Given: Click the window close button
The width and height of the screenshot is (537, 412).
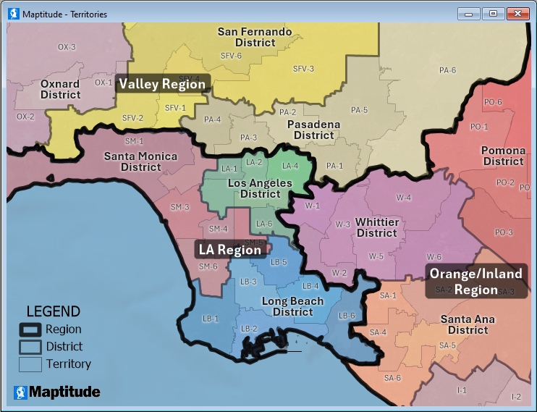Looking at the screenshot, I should tap(517, 13).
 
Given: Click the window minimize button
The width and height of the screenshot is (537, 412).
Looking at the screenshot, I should tap(470, 13).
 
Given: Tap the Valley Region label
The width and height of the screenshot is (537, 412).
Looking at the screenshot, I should tap(162, 84).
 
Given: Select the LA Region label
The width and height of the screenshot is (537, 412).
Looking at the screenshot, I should tap(229, 250).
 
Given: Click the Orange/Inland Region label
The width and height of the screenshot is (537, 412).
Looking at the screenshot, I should tap(475, 282).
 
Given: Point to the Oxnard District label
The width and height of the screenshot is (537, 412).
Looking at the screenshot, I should tap(60, 90).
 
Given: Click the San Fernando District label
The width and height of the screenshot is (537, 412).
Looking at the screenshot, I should tap(255, 37).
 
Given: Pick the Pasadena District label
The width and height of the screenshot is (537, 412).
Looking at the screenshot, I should tap(313, 130).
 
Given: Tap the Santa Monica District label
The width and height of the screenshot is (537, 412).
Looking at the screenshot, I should tap(140, 161).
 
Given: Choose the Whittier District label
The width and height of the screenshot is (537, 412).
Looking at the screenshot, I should tap(376, 228).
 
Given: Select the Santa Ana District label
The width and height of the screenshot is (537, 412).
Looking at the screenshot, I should tap(468, 324).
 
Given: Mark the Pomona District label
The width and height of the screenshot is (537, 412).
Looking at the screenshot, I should tap(503, 156).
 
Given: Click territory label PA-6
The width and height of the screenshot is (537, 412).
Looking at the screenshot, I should tap(447, 70).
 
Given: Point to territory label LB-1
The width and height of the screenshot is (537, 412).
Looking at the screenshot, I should tap(211, 319).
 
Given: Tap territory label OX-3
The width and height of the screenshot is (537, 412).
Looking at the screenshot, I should tap(67, 47).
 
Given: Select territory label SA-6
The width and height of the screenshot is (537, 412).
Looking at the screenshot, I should tap(392, 378).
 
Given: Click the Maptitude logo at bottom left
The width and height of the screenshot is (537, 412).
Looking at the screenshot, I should tap(56, 392).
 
